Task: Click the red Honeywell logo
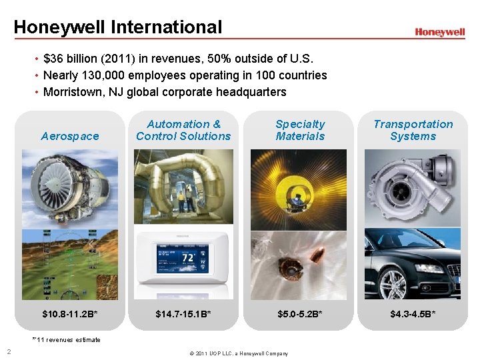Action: pos(439,32)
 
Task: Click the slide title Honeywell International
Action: pos(117,27)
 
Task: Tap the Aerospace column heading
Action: pos(70,136)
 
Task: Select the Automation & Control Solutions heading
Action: pos(183,130)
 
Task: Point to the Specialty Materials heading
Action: pos(300,130)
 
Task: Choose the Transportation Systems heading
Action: pos(413,130)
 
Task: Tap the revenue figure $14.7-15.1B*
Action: pos(183,313)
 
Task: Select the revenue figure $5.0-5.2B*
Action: pos(300,313)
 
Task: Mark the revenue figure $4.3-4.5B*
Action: pos(413,313)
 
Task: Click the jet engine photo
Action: pos(70,188)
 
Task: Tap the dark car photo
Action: pos(413,263)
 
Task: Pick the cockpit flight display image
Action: pos(70,263)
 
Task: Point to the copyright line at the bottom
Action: pos(239,353)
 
